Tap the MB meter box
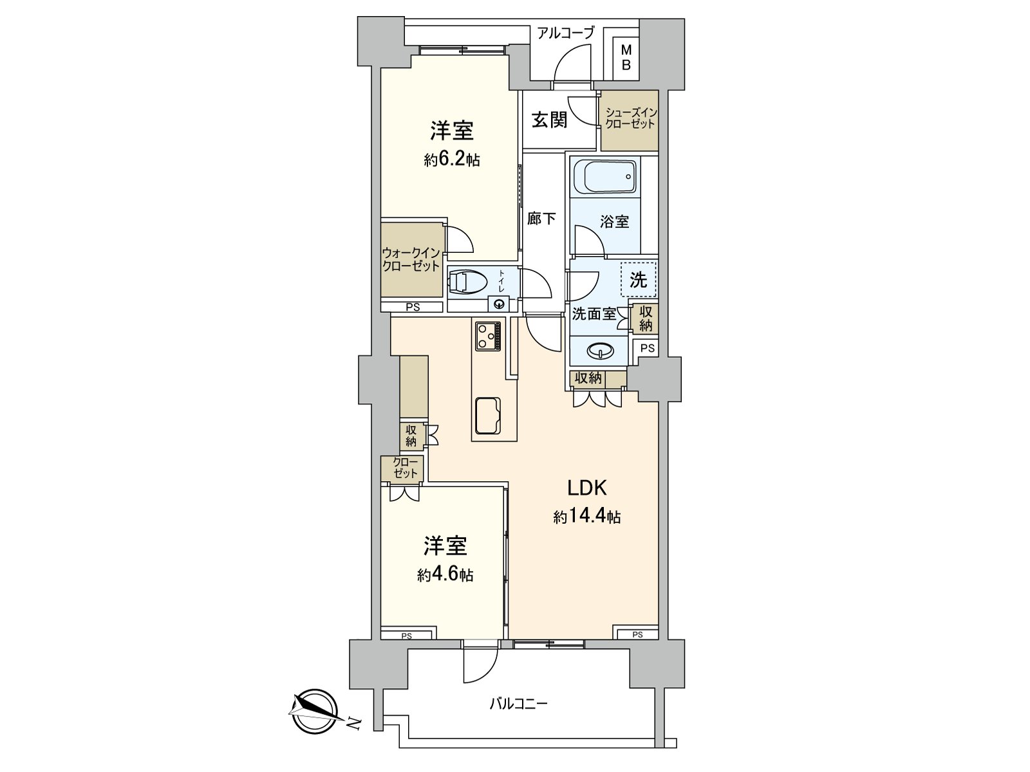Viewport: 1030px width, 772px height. (626, 58)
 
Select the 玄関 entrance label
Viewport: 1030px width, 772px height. (549, 120)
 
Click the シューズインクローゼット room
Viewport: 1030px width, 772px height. (630, 120)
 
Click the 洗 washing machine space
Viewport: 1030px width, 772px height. (638, 280)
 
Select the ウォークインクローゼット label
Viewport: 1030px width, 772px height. (411, 259)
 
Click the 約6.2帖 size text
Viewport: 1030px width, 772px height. (451, 160)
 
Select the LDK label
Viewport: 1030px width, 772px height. (586, 488)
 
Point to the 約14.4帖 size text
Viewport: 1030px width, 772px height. (586, 516)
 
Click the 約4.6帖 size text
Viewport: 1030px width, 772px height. (445, 574)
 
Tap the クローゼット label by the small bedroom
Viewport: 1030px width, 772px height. (406, 468)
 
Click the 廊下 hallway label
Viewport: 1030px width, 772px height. (541, 219)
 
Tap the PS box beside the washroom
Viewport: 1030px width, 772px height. (647, 348)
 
